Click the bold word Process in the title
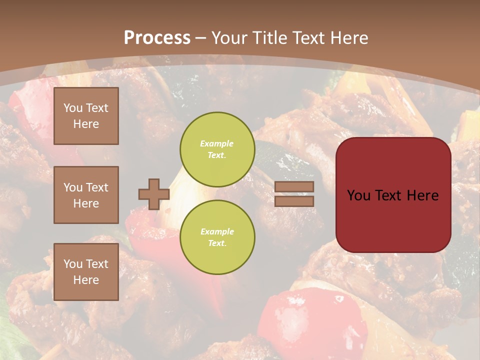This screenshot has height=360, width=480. tap(157, 38)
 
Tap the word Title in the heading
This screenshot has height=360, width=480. tap(269, 38)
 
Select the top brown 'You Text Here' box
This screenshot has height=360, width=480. tap(86, 116)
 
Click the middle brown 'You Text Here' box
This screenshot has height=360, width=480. tap(86, 195)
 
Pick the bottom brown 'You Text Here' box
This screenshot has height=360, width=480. tap(86, 272)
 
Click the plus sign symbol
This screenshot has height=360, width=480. tap(153, 194)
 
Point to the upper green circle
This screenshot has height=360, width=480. tap(217, 149)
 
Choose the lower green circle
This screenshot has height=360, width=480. tap(217, 237)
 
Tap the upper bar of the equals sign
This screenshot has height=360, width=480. tap(294, 187)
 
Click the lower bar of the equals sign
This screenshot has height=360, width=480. tap(294, 201)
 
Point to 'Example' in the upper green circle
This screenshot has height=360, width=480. tap(216, 143)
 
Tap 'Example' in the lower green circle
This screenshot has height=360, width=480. tap(217, 231)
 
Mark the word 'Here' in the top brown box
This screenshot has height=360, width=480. tap(86, 124)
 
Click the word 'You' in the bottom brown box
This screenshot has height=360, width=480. tap(73, 264)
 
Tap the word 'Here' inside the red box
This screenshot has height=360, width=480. tap(422, 195)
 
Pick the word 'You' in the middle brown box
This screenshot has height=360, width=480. tap(73, 187)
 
